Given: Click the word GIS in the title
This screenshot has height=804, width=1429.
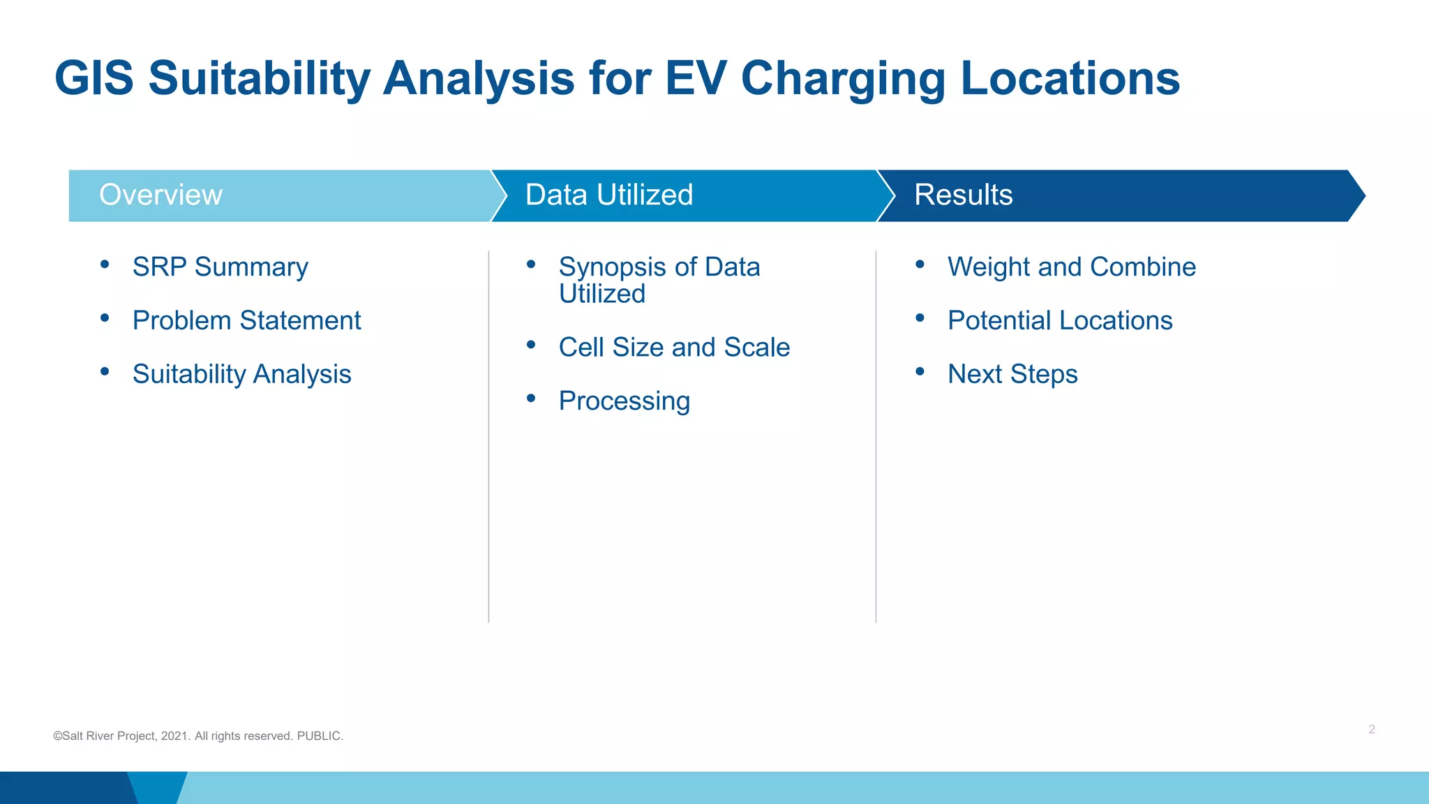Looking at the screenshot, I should [94, 77].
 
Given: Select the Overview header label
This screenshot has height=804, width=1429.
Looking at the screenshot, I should [160, 195].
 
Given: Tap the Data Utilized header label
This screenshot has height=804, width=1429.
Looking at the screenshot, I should [608, 195].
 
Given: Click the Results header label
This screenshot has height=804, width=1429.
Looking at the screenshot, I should [963, 195].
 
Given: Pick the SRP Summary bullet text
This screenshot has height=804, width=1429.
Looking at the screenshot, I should [220, 267].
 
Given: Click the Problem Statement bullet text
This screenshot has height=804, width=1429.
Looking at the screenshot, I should [246, 320].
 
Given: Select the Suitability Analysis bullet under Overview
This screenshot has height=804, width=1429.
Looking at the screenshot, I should [241, 375].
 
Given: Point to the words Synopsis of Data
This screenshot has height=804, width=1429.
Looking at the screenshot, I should [659, 267].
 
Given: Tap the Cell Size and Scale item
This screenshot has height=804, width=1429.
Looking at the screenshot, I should [674, 348].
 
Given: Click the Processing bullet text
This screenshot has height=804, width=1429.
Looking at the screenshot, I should [624, 401].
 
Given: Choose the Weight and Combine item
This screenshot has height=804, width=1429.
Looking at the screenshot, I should [1071, 267].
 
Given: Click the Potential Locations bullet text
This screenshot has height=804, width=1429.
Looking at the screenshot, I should [1059, 320].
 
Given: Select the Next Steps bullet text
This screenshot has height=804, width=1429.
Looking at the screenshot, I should [1012, 375].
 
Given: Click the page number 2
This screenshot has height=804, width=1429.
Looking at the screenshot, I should [1371, 729].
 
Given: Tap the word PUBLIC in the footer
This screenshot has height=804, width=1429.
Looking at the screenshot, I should [319, 736].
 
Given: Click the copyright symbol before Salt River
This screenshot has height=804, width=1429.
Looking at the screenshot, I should [57, 736].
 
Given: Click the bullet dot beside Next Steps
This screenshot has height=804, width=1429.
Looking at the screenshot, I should [920, 371].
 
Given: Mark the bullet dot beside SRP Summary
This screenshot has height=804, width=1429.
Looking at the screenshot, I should [105, 264].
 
